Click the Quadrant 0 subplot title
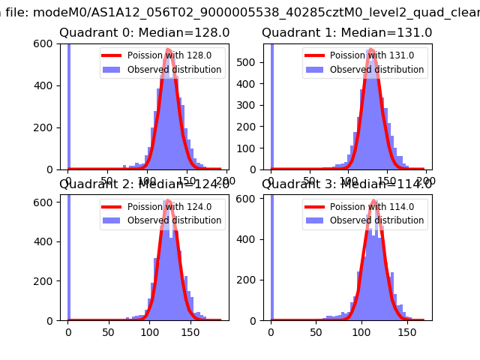click(x=144, y=33)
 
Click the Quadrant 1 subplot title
click(x=346, y=33)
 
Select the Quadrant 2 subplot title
click(x=144, y=184)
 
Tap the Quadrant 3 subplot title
click(x=346, y=184)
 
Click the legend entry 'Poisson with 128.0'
click(x=164, y=55)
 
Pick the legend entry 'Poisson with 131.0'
click(x=367, y=55)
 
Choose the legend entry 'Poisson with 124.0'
click(x=164, y=207)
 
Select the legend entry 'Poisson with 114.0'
click(x=367, y=207)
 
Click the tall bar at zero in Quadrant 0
click(x=69, y=105)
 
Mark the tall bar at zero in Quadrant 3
click(x=271, y=255)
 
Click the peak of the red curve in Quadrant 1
click(x=371, y=49)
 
